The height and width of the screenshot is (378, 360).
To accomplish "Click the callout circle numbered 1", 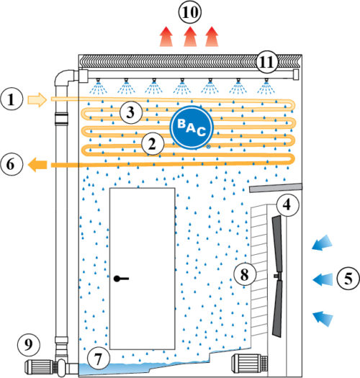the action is click(12, 99).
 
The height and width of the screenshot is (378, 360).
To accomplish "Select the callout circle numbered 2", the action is click(153, 144).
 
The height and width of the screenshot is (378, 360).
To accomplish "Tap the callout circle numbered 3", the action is click(131, 112).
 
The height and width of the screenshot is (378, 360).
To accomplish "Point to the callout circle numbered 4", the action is click(287, 205).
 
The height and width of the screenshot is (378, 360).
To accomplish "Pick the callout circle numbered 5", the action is click(348, 279).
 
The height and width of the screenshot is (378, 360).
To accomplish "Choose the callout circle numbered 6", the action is click(12, 164).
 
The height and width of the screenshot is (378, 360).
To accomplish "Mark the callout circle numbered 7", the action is click(98, 359).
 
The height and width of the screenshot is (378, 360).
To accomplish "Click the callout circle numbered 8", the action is click(245, 274).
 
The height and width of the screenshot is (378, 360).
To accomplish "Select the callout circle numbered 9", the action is click(29, 344).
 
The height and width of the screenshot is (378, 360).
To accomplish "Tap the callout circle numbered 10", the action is click(190, 12).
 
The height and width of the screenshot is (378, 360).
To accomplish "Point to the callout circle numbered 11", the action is click(266, 62).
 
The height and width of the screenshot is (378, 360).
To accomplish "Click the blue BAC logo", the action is click(192, 127).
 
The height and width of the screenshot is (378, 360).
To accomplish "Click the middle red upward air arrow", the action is click(190, 37).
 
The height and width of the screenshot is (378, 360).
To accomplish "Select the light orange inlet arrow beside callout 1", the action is click(37, 99).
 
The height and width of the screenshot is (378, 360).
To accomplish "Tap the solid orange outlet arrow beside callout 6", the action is click(37, 164).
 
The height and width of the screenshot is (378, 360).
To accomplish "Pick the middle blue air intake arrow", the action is click(323, 280).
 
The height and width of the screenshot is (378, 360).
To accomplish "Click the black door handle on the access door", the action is click(121, 279).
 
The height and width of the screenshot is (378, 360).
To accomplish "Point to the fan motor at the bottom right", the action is click(250, 363).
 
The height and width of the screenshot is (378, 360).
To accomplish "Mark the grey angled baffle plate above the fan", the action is click(276, 188).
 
